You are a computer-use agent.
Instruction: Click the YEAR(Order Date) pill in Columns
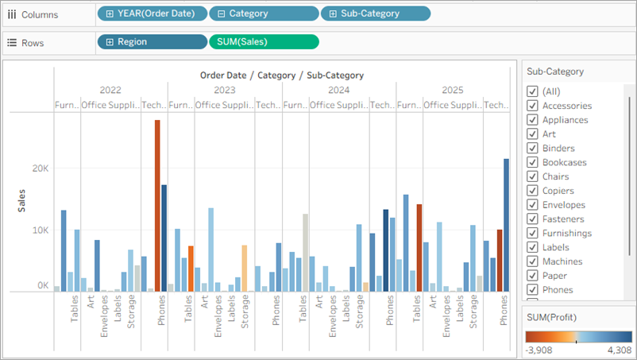tap(152, 14)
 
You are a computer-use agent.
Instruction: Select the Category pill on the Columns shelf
tap(263, 14)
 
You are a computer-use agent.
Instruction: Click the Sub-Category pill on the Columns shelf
tap(375, 14)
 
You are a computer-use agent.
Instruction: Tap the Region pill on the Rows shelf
tap(150, 42)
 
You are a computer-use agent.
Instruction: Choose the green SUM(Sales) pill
tap(263, 42)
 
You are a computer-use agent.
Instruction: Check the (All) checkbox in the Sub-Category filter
tap(532, 91)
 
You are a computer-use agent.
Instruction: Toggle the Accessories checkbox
tap(532, 106)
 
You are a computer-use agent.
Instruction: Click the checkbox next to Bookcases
tap(532, 162)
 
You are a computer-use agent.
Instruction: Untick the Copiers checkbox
tap(532, 191)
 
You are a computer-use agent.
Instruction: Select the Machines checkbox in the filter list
tap(532, 261)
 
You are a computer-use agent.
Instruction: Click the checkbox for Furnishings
tap(532, 233)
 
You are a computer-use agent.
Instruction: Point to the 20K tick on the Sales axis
tap(40, 169)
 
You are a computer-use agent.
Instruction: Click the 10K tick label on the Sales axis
tap(40, 230)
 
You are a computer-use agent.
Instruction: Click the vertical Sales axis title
tap(21, 200)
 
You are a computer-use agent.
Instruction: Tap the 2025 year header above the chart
tap(452, 90)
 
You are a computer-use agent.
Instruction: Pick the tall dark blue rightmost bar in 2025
tap(506, 225)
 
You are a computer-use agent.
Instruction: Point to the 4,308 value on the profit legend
tap(618, 350)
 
